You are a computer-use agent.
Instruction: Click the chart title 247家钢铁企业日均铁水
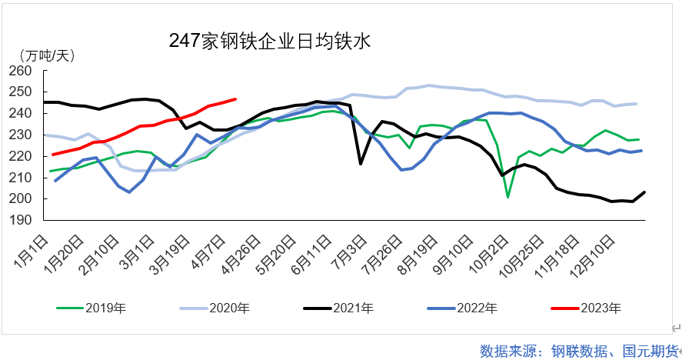tap(270, 42)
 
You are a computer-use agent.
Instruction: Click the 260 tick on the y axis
tap(22, 71)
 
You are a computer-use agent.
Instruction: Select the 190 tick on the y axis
tap(22, 220)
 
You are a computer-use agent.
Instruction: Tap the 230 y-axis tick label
tap(22, 135)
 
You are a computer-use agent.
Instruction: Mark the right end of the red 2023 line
tap(235, 98)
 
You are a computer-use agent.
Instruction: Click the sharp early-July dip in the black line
tap(360, 163)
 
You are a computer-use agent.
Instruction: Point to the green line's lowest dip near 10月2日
tap(508, 197)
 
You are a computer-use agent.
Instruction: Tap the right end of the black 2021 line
tap(644, 192)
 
